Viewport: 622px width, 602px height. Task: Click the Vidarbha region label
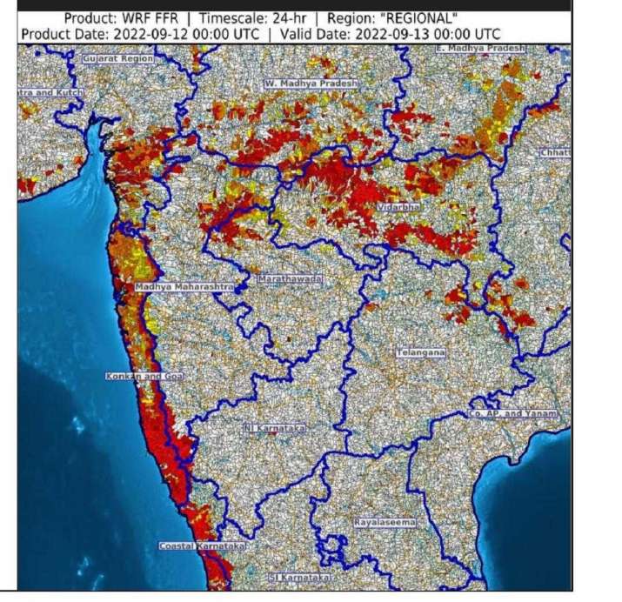(x=398, y=210)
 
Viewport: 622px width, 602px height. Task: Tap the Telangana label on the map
(x=421, y=352)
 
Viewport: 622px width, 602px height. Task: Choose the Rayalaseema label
(x=385, y=522)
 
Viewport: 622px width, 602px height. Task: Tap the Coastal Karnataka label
(x=202, y=545)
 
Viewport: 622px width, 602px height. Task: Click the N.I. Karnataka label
(x=274, y=428)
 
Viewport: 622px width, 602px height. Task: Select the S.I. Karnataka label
(x=299, y=577)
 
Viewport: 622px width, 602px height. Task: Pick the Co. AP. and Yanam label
(x=518, y=414)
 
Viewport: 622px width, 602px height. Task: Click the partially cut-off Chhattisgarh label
(x=555, y=153)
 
